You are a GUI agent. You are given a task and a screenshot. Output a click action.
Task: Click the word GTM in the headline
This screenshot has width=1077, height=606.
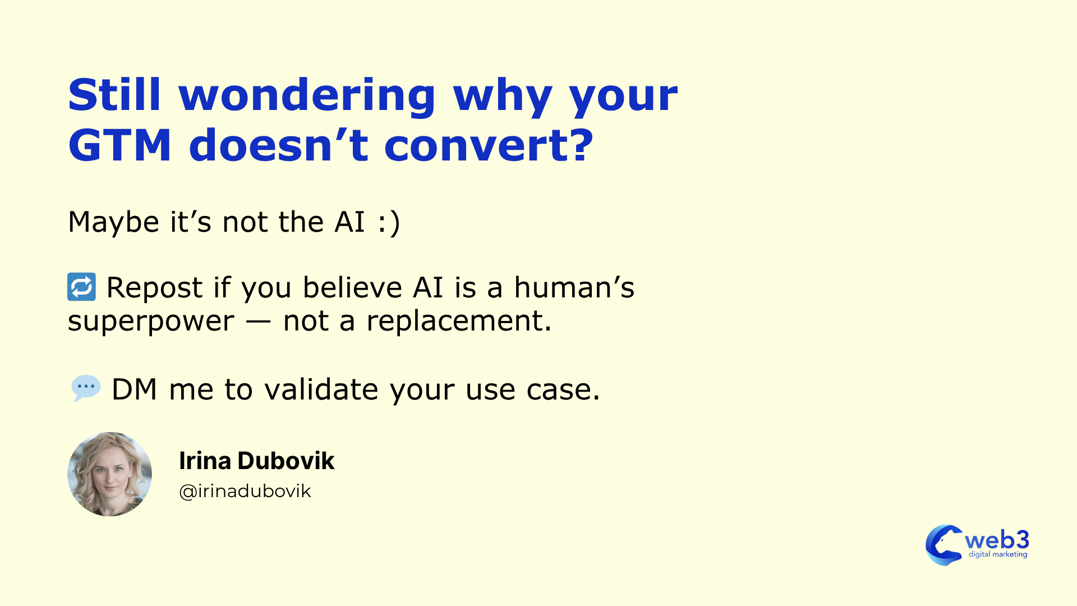click(119, 145)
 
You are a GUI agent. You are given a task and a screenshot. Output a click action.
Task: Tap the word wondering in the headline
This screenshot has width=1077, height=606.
click(307, 95)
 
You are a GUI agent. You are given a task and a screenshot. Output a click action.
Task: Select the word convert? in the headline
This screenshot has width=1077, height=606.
click(489, 145)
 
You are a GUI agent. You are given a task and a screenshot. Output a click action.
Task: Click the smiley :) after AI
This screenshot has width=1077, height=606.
click(389, 222)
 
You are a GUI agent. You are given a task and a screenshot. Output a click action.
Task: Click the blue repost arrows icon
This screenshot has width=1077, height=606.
click(82, 287)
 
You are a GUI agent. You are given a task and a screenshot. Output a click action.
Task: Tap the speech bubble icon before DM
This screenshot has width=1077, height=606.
click(86, 388)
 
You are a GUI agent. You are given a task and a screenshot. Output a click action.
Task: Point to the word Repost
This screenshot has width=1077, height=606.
click(154, 288)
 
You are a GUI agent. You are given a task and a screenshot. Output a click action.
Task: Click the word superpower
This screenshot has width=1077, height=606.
click(151, 322)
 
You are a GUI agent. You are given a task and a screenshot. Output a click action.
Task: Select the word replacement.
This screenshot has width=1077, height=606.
click(459, 322)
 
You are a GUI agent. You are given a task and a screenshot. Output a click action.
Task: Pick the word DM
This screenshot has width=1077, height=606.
click(134, 389)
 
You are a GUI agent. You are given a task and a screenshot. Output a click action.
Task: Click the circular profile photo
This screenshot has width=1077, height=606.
click(110, 474)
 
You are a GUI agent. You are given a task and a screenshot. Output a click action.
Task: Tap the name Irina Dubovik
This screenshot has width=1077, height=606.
click(256, 461)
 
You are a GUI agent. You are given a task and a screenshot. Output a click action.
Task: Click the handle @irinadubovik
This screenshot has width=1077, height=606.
click(245, 492)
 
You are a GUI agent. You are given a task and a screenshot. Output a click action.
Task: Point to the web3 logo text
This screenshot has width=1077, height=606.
click(997, 540)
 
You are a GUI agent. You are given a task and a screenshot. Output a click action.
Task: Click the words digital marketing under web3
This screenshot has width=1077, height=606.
click(998, 554)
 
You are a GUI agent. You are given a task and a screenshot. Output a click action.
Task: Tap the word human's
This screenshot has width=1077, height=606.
click(574, 288)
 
